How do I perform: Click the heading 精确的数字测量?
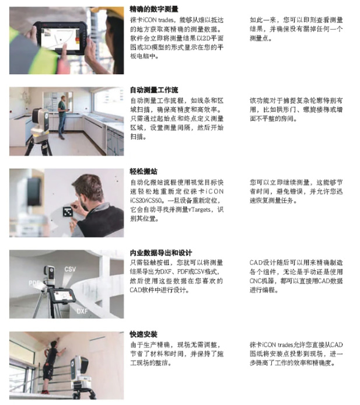pyautogui.click(x=154, y=9)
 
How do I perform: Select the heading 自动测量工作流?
pyautogui.click(x=154, y=90)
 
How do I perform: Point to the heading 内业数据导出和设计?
pyautogui.click(x=161, y=253)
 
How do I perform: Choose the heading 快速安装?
pyautogui.click(x=144, y=334)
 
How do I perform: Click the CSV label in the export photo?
pyautogui.click(x=70, y=269)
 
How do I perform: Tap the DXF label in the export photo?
pyautogui.click(x=82, y=311)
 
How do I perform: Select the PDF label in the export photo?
pyautogui.click(x=34, y=282)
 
